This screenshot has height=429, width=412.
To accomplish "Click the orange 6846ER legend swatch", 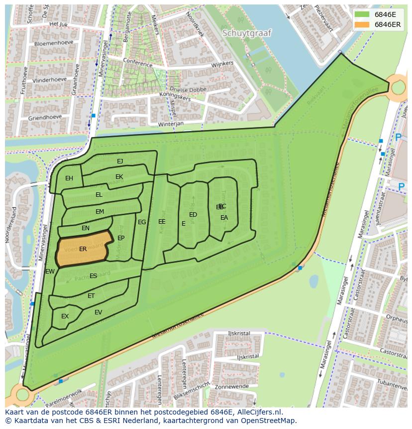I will click(x=363, y=24).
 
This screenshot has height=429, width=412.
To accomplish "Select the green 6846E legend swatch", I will click(x=363, y=14).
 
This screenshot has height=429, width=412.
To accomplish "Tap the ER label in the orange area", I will click(x=83, y=249).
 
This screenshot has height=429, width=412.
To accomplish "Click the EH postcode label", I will click(x=69, y=178).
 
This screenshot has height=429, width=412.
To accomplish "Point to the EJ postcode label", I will click(x=120, y=161).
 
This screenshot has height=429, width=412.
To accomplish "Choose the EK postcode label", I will click(x=119, y=177).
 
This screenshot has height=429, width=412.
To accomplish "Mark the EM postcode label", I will click(x=100, y=212).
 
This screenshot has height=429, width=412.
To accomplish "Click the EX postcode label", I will click(x=65, y=316).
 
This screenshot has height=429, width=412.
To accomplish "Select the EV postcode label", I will click(x=99, y=312).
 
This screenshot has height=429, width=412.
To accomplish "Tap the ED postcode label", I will click(x=193, y=215).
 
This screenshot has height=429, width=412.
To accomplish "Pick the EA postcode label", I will click(x=224, y=218).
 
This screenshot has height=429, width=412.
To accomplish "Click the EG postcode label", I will click(x=142, y=222).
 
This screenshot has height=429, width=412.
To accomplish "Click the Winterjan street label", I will click(x=171, y=123).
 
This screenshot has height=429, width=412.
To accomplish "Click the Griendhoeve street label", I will click(x=45, y=118).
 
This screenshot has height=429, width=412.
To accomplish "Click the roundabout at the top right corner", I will click(x=399, y=88).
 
